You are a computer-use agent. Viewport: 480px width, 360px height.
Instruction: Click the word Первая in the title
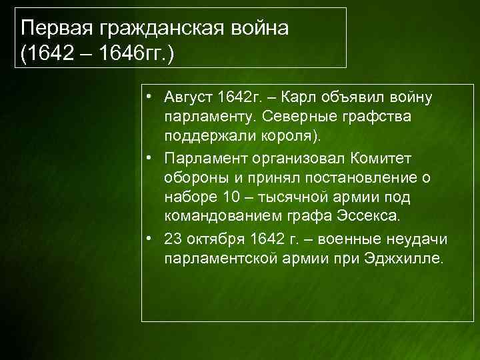[57, 28]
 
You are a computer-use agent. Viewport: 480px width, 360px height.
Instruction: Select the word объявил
[355, 99]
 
